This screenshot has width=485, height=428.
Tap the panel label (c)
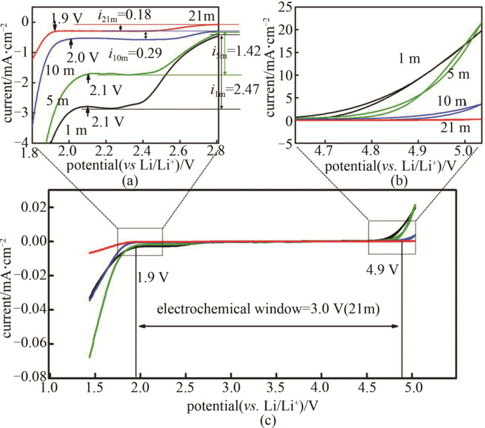click(252, 417)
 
